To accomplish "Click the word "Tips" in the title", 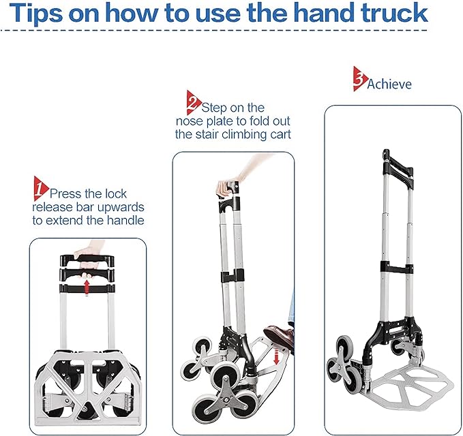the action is [x=36, y=14].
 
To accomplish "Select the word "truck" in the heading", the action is [x=395, y=13].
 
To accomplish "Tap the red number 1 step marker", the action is [x=40, y=189].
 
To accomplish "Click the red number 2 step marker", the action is [x=194, y=103].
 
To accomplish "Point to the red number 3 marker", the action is [x=360, y=79].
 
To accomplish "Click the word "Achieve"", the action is [x=389, y=84].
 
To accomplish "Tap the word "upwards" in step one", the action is [x=121, y=207].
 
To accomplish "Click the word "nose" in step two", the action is [x=190, y=121].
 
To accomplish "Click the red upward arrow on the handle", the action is [x=87, y=287].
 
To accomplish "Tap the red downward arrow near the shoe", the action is [x=276, y=356].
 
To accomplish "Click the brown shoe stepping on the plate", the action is [x=280, y=337].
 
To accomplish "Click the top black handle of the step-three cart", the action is [x=398, y=170].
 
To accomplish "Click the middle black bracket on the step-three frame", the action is [x=397, y=268].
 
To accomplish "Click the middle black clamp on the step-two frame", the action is [x=233, y=276].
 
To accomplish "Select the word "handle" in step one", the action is [x=125, y=220].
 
